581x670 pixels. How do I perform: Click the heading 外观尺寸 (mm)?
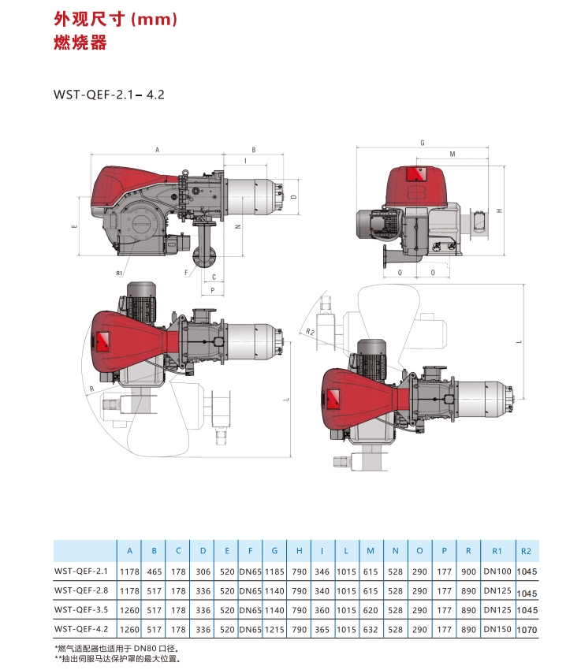click(x=115, y=19)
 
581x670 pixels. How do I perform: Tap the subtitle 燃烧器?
click(x=80, y=43)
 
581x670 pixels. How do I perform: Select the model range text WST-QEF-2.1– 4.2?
click(x=109, y=95)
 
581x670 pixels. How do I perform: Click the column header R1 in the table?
click(x=497, y=551)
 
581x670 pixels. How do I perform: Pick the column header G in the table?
click(x=274, y=551)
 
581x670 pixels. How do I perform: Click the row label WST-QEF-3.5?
click(x=81, y=610)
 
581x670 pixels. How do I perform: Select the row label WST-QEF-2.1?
click(x=81, y=571)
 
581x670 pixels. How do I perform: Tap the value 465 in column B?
click(x=155, y=571)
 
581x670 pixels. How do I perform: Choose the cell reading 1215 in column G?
click(x=274, y=630)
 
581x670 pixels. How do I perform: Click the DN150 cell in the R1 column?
click(x=497, y=629)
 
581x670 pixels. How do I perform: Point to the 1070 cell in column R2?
click(x=527, y=630)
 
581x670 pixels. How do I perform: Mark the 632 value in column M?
click(x=371, y=630)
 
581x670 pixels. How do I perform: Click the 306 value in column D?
click(x=203, y=571)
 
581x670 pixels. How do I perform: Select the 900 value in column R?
click(x=468, y=571)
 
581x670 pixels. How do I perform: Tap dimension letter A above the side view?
click(x=157, y=150)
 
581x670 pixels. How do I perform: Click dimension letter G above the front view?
click(x=423, y=143)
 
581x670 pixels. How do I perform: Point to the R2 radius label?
click(x=310, y=332)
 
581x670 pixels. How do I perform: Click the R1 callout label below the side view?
click(x=119, y=273)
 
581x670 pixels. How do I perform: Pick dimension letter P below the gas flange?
click(x=213, y=291)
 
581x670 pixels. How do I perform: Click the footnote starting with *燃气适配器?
click(x=116, y=649)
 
